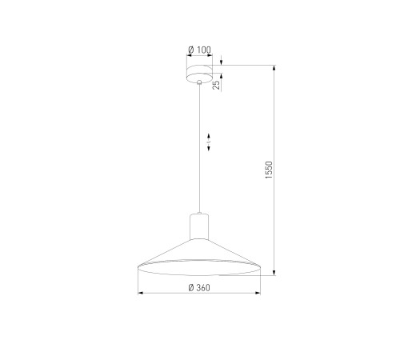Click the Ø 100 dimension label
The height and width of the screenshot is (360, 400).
tap(199, 50)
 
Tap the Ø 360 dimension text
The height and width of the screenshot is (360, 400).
tap(199, 288)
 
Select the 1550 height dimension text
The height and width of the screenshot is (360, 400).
tap(269, 170)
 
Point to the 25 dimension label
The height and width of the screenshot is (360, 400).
tap(216, 85)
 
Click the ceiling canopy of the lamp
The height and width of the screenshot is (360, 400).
tap(199, 74)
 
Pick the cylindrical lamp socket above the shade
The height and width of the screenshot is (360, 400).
tap(199, 226)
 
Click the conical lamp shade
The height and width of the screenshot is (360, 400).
tap(199, 258)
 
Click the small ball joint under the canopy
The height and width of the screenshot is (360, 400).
tap(199, 82)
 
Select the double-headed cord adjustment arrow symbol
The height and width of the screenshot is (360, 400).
tap(209, 142)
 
